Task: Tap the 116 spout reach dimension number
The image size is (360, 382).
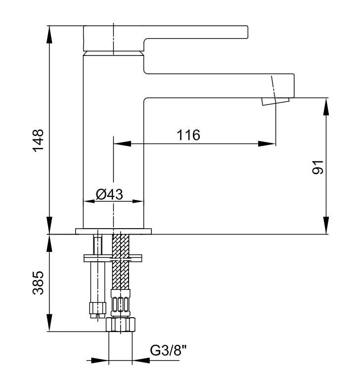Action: click(188, 135)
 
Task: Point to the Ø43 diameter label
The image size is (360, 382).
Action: click(109, 194)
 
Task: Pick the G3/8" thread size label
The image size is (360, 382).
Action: click(168, 351)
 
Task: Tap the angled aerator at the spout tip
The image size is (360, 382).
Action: click(275, 99)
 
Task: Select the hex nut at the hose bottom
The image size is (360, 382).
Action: click(121, 325)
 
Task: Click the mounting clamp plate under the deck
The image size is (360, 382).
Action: click(113, 258)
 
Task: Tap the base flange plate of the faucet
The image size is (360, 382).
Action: click(114, 231)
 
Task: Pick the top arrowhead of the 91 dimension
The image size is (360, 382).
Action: click(326, 103)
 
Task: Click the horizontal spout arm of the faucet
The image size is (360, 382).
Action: click(218, 85)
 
